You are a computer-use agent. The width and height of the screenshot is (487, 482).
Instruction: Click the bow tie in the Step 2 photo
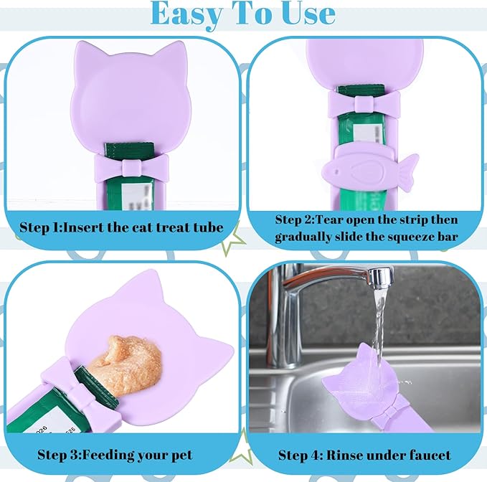pyautogui.click(x=364, y=103)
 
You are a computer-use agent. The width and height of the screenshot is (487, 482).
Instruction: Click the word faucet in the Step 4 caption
pyautogui.click(x=427, y=455)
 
